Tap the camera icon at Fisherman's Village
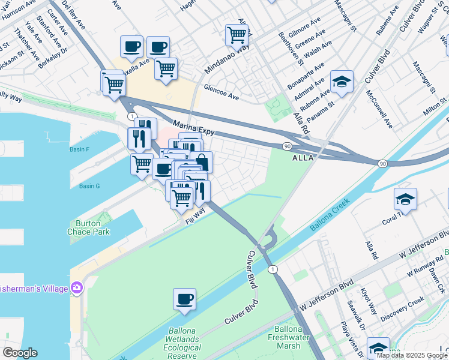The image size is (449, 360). [77, 288]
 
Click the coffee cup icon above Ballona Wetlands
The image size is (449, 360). [184, 298]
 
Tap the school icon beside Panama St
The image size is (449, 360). [342, 82]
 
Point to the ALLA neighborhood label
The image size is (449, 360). [303, 158]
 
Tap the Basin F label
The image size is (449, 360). [79, 149]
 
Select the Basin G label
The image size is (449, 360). [89, 186]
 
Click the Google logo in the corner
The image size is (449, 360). [19, 353]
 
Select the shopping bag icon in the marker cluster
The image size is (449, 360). [203, 161]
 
